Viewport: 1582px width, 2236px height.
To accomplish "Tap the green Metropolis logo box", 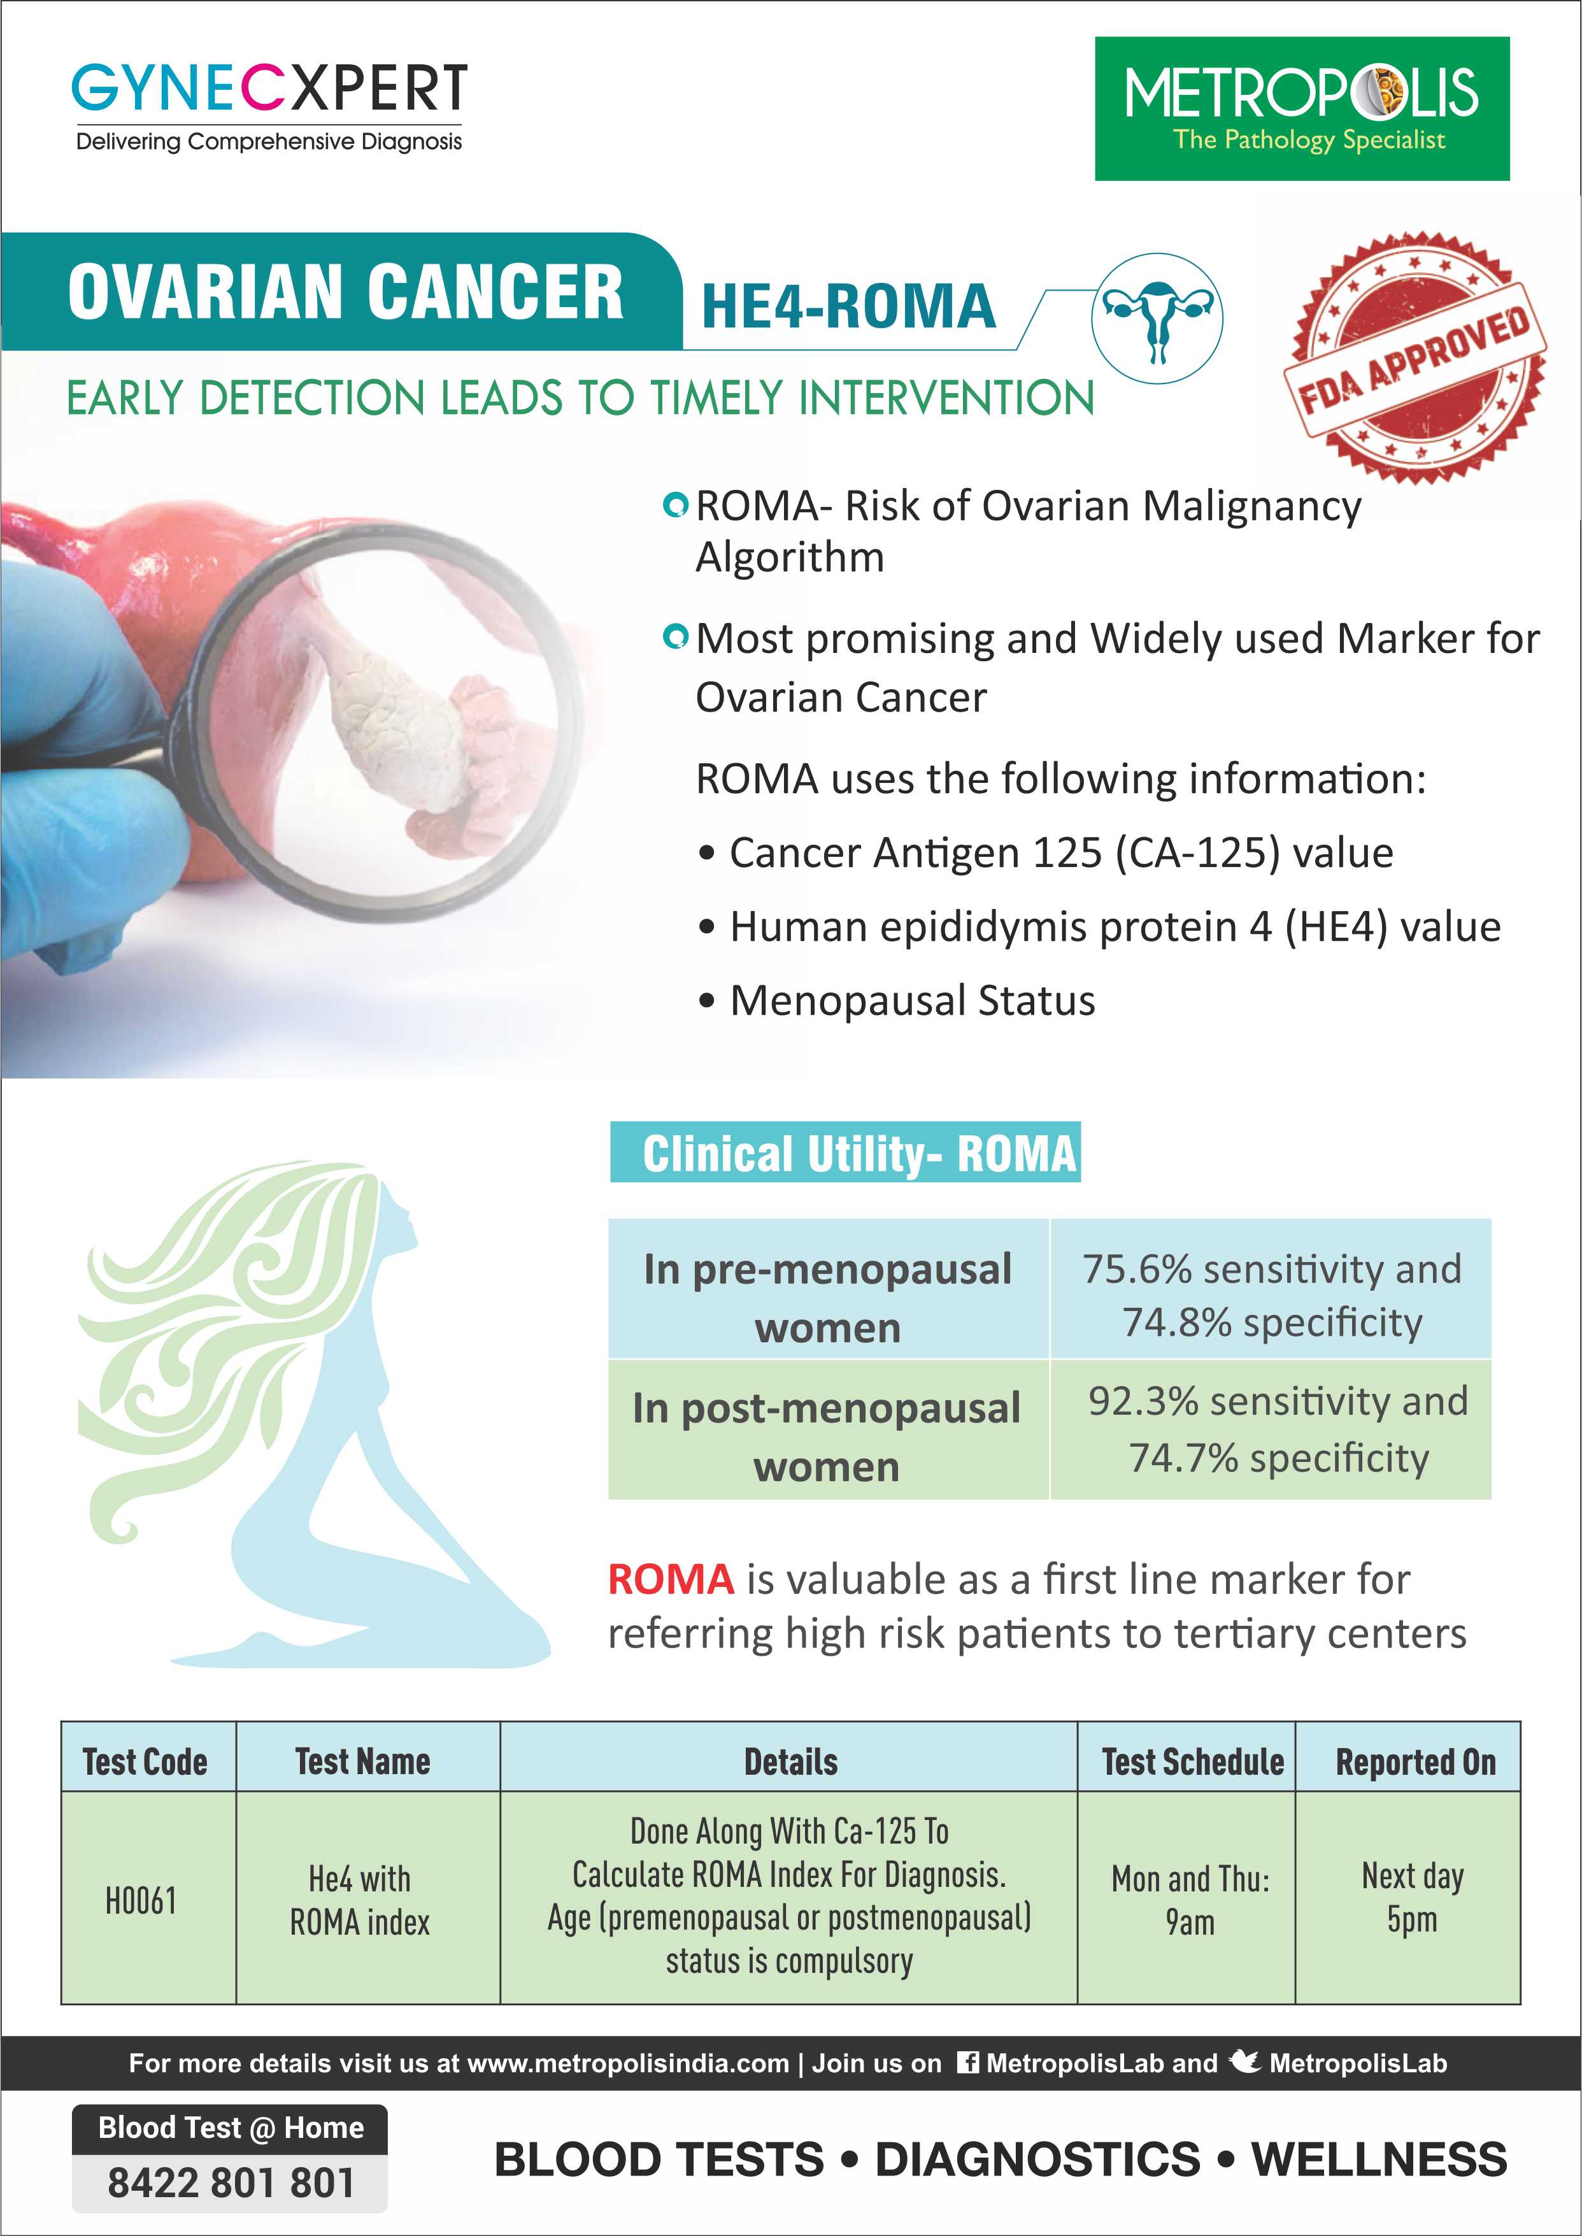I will coord(1301,108).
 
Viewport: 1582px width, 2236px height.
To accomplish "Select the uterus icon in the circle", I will coord(1157,319).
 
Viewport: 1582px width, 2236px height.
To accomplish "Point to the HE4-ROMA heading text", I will coord(848,306).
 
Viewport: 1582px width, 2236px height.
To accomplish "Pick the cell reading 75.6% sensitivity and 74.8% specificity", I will coord(1271,1295).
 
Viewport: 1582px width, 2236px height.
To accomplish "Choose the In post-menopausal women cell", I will coord(827,1435).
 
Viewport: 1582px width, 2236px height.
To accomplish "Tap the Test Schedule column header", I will coord(1192,1761).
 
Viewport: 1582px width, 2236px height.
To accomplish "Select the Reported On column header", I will coord(1415,1761).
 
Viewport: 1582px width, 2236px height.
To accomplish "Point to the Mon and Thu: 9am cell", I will coord(1190,1899).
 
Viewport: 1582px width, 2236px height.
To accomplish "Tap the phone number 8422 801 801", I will coord(231,2182).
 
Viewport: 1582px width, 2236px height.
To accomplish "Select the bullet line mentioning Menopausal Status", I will coord(912,1001).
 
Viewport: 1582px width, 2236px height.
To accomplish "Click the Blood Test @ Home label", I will coord(231,2128).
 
